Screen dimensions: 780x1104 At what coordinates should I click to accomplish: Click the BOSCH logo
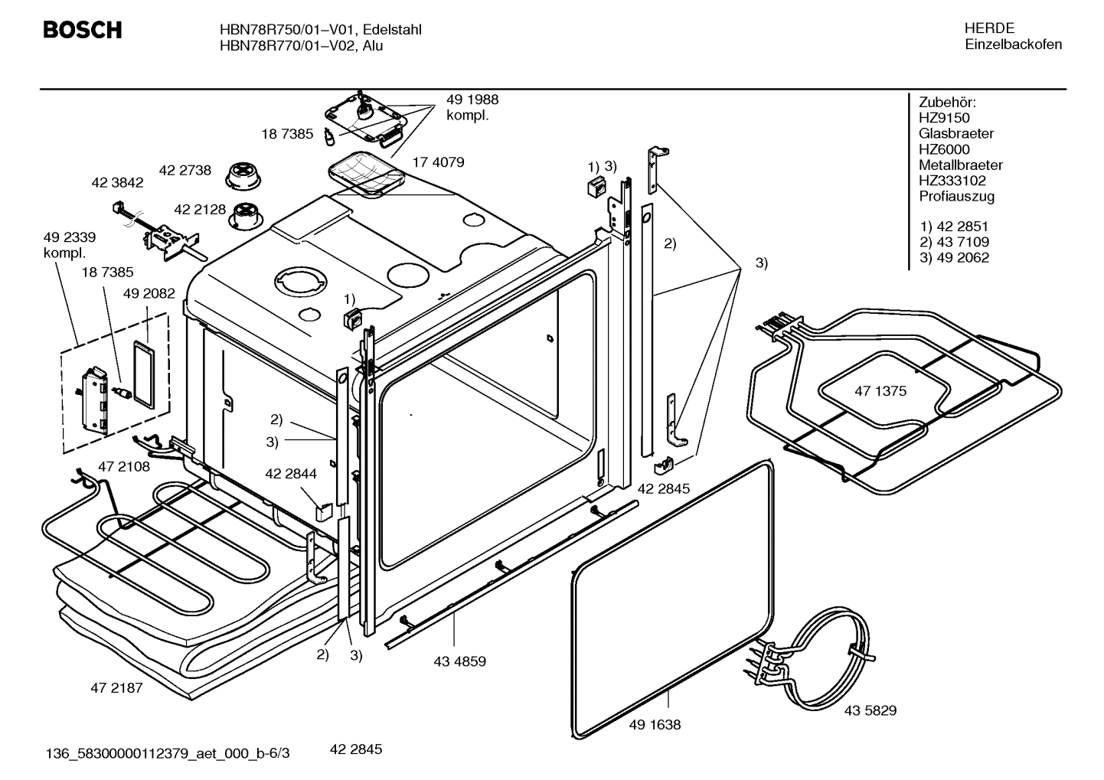click(x=82, y=31)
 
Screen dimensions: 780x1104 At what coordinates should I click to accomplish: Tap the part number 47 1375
click(x=880, y=391)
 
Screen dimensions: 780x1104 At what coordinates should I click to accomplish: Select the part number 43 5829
click(x=870, y=710)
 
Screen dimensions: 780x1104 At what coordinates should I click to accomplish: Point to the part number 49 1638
click(x=655, y=724)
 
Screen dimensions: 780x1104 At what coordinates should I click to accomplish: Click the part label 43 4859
click(x=459, y=661)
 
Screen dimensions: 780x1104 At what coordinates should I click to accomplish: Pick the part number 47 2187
click(x=116, y=687)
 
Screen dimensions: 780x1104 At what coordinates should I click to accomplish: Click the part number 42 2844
click(x=290, y=474)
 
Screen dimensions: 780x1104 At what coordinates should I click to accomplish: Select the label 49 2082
click(x=149, y=293)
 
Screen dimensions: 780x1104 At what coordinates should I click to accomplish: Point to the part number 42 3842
click(x=117, y=183)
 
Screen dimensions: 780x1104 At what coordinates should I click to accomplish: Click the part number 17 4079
click(x=438, y=162)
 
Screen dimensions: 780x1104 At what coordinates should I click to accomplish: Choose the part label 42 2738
click(x=185, y=171)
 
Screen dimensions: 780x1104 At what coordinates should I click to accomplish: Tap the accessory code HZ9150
click(x=944, y=118)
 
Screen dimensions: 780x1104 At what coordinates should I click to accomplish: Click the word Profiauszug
click(x=956, y=197)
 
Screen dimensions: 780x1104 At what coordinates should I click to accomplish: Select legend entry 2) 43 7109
click(x=954, y=242)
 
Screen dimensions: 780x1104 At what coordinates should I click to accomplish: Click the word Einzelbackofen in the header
click(x=1013, y=44)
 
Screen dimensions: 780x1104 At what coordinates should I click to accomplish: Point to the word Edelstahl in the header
click(x=392, y=30)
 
